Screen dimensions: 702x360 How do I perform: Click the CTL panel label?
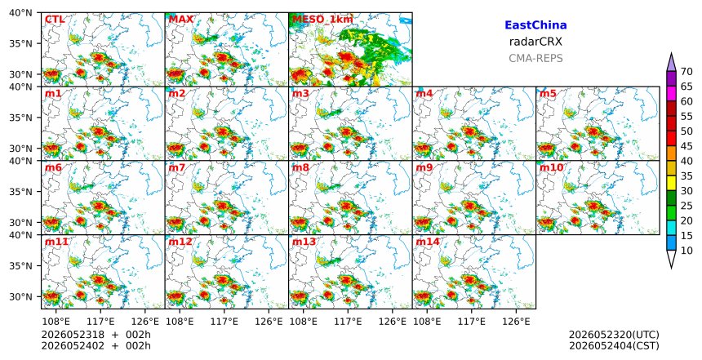point(55,20)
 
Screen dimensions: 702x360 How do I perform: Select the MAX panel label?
point(181,20)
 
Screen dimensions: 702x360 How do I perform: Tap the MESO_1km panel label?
point(322,20)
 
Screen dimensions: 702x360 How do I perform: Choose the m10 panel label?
point(551,167)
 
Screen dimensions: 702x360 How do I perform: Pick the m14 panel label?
point(428,242)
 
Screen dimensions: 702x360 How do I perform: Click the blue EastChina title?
point(535,25)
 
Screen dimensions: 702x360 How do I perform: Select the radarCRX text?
point(535,42)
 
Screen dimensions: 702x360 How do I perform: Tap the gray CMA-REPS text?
point(535,58)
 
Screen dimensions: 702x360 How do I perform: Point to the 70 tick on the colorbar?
point(686,72)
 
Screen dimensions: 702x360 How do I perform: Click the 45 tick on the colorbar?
point(686,146)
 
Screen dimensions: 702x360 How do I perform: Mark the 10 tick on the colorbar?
point(686,251)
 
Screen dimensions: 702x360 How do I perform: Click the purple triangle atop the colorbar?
point(671,64)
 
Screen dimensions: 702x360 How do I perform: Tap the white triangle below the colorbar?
point(671,258)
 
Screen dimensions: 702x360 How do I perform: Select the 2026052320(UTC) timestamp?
point(614,335)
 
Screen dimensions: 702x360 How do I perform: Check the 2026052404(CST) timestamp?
point(614,345)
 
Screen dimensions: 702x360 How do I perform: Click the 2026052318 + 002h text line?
point(96,335)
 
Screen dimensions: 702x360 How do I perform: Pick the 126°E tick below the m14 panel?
point(516,321)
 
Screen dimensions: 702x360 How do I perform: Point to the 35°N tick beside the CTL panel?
point(20,43)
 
